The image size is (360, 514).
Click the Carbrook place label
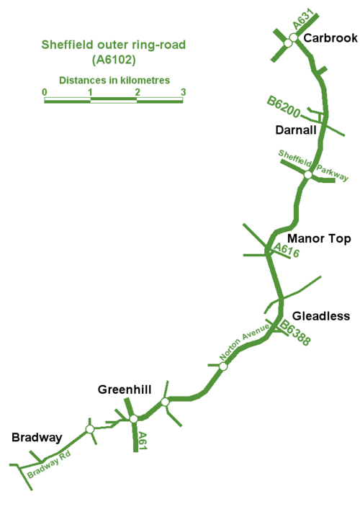[x=330, y=38]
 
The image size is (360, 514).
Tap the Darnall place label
[x=296, y=130]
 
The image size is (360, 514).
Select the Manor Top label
[x=319, y=239]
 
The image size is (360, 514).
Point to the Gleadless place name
[x=321, y=316]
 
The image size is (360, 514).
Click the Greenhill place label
[x=125, y=389]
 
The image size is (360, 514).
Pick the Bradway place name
[x=37, y=438]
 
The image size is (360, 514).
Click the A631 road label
[x=303, y=19]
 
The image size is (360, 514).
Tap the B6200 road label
[x=284, y=107]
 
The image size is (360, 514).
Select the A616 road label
[x=287, y=250]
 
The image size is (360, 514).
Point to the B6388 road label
[x=294, y=333]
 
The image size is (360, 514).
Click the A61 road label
[x=143, y=441]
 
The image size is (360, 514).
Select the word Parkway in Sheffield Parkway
[x=332, y=173]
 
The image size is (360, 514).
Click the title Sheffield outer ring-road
[x=114, y=45]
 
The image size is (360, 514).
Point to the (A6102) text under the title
[x=114, y=60]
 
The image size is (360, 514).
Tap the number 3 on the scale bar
[x=184, y=92]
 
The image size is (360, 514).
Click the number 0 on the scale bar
[x=45, y=92]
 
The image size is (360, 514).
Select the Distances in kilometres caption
[x=114, y=81]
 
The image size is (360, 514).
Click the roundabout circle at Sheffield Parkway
[x=307, y=175]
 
